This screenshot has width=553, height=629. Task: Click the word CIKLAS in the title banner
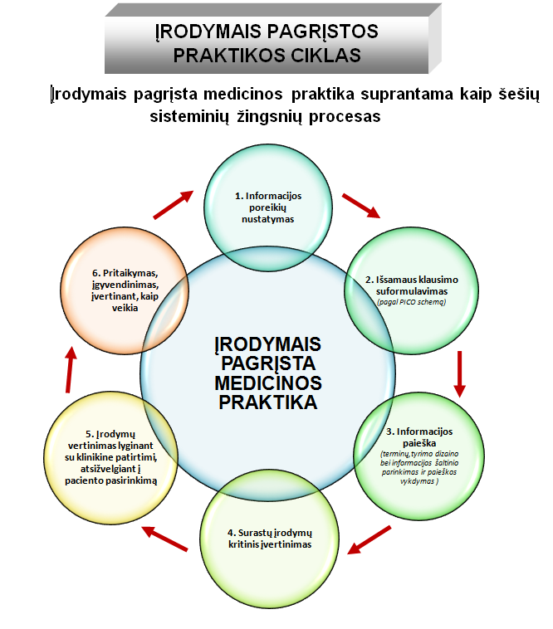click(x=325, y=56)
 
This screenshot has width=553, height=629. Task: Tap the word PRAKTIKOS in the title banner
click(x=228, y=56)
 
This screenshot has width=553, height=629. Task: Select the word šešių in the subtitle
click(x=519, y=95)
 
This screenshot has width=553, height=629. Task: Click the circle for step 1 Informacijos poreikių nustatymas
click(x=268, y=207)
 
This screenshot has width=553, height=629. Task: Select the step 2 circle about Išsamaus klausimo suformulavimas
click(x=412, y=290)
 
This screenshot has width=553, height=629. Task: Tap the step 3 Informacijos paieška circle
click(x=419, y=456)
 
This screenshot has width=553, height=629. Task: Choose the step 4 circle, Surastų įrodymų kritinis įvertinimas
click(x=269, y=539)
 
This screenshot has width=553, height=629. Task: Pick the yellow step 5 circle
click(x=110, y=458)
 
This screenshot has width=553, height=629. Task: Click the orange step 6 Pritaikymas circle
click(x=125, y=290)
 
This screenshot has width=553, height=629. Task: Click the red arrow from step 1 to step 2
click(x=360, y=206)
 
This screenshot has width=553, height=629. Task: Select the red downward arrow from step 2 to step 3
click(x=459, y=374)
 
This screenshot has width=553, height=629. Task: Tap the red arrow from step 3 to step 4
click(x=369, y=540)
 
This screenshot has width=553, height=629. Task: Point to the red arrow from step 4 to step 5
click(x=164, y=539)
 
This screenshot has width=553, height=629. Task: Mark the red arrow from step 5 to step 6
click(x=71, y=369)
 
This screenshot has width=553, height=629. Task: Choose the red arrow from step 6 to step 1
click(x=174, y=205)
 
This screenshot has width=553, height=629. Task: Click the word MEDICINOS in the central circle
click(x=268, y=383)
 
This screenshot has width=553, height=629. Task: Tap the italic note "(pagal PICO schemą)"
click(x=411, y=302)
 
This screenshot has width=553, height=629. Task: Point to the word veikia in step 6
click(x=125, y=308)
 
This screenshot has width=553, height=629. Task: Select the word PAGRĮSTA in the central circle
click(x=268, y=363)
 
